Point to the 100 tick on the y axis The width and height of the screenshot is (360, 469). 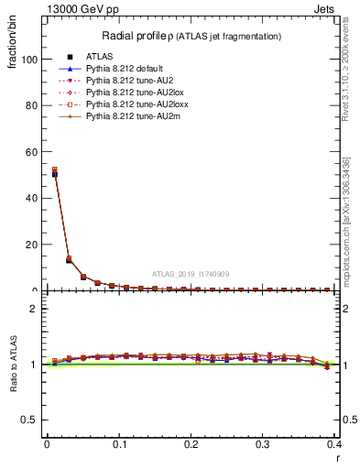pos(28,60)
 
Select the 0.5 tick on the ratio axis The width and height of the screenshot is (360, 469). pos(28,420)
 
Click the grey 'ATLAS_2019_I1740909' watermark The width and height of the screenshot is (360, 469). pos(192,274)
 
